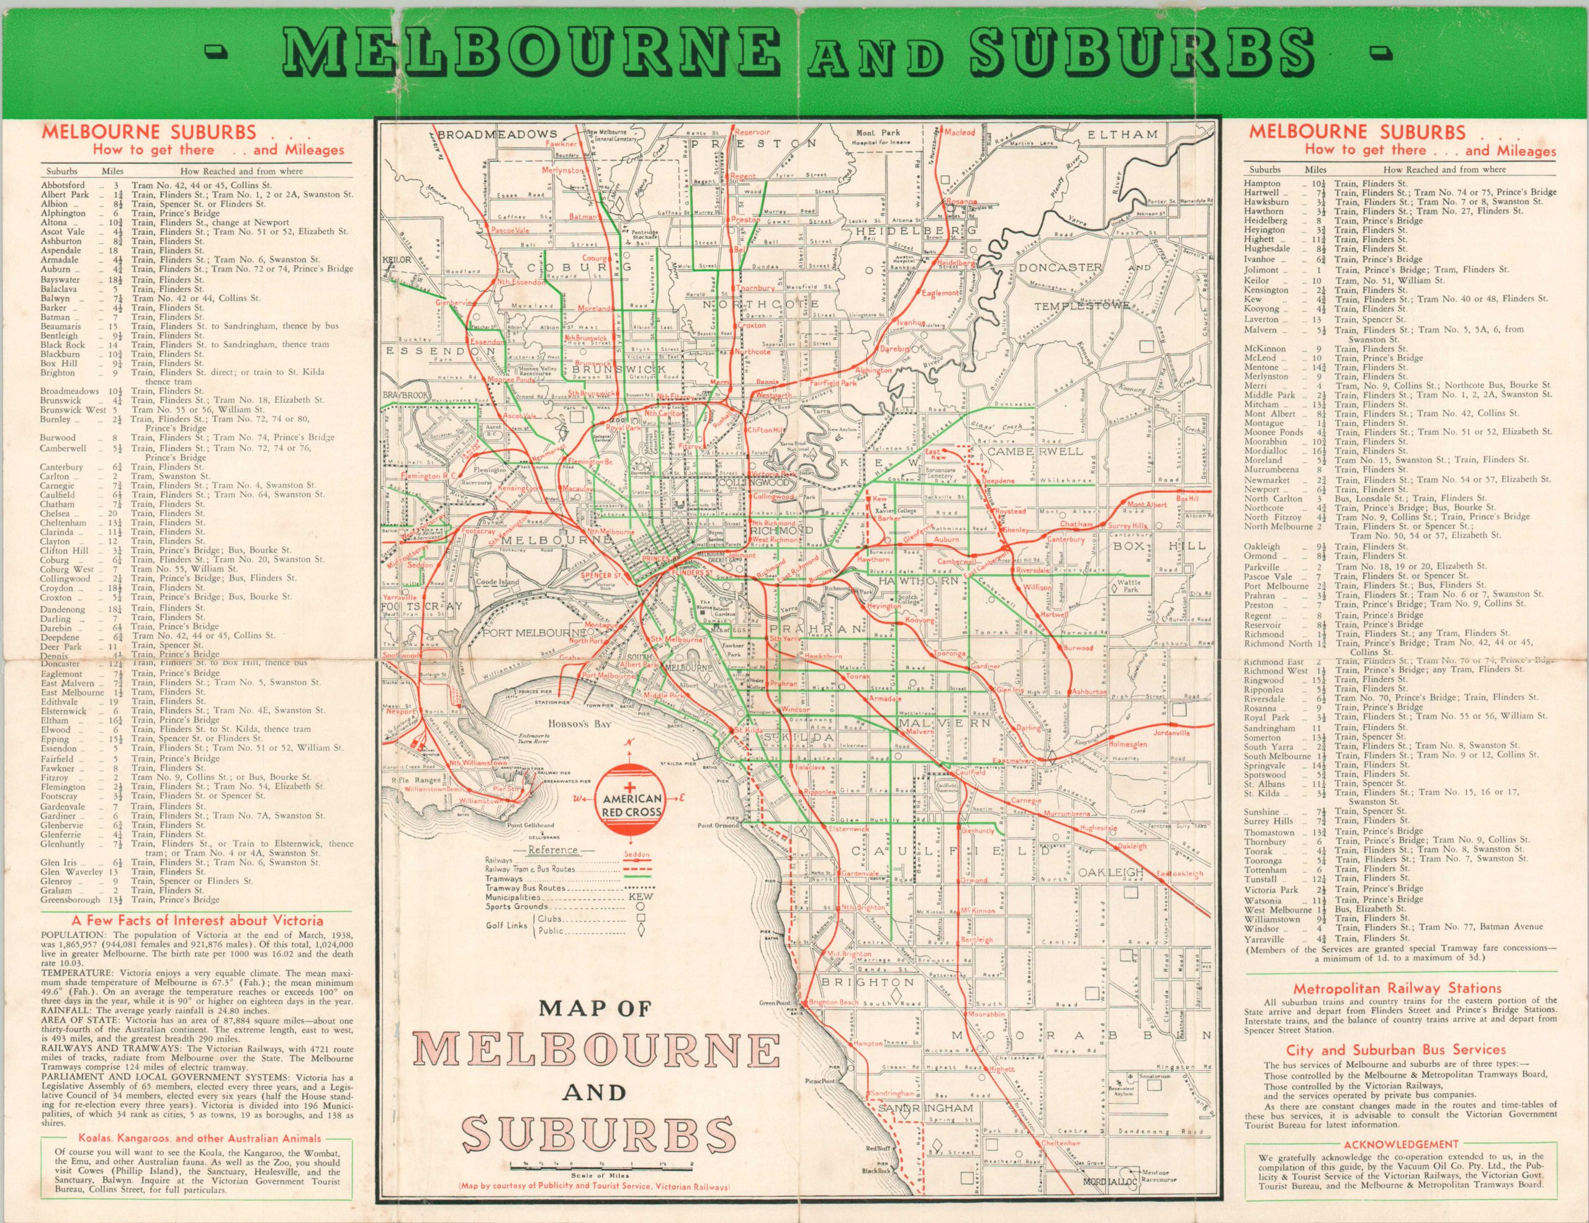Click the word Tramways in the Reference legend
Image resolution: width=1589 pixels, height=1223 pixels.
(503, 879)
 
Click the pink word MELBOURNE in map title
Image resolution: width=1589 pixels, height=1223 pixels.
(593, 1050)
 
